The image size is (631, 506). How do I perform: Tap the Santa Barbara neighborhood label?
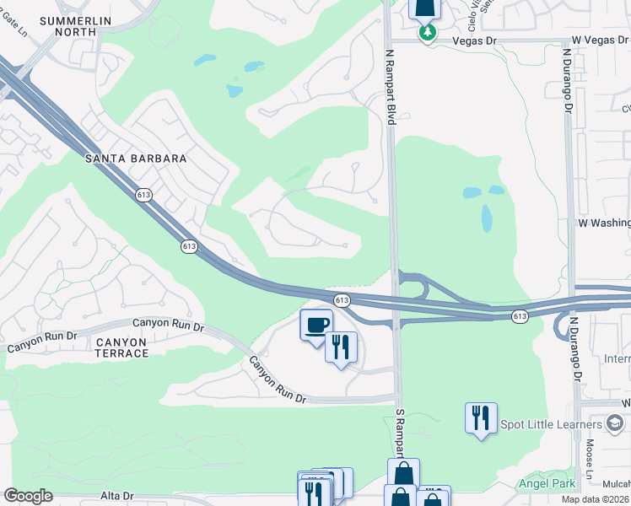(x=134, y=159)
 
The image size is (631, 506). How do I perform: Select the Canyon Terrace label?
(x=121, y=347)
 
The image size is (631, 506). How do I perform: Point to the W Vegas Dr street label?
(x=601, y=40)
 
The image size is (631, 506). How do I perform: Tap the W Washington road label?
(x=604, y=223)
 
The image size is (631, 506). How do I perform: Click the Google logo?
(x=28, y=497)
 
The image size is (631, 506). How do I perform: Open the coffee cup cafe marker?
(x=316, y=325)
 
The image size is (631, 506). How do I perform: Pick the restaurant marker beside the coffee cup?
(x=341, y=347)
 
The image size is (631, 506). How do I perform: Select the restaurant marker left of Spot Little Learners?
(x=480, y=417)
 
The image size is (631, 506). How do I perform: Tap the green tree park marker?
(x=428, y=33)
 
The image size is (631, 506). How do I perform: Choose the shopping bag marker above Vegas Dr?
(x=424, y=8)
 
